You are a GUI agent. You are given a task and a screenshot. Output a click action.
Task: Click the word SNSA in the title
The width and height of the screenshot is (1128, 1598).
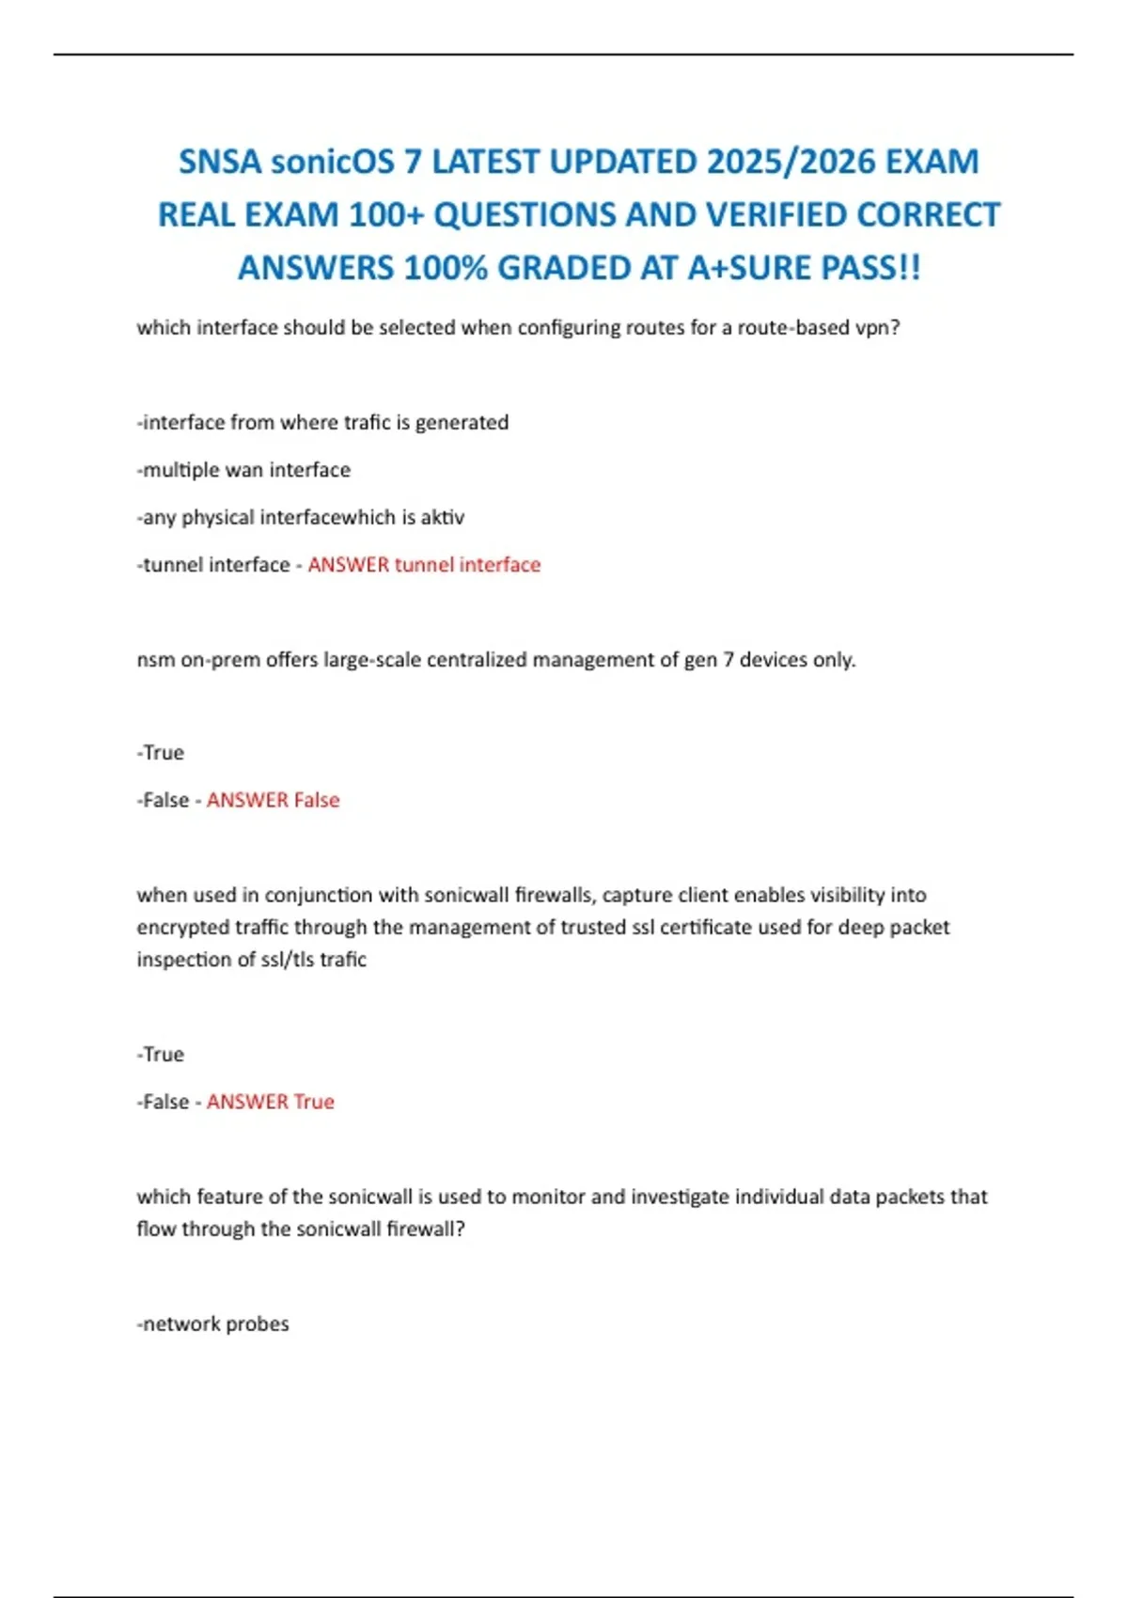click(x=220, y=162)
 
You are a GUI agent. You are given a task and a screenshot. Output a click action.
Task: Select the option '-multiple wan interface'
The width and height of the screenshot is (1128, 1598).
click(x=243, y=470)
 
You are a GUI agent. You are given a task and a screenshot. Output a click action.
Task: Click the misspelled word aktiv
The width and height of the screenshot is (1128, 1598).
click(x=442, y=518)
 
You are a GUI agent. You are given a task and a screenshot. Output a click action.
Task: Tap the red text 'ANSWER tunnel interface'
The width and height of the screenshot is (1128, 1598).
click(x=424, y=565)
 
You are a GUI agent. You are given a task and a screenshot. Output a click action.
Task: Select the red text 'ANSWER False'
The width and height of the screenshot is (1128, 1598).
click(x=273, y=800)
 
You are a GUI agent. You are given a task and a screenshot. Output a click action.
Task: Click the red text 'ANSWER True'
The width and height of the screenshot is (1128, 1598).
click(x=270, y=1102)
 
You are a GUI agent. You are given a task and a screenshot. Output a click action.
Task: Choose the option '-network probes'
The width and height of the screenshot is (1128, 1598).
click(x=213, y=1324)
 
